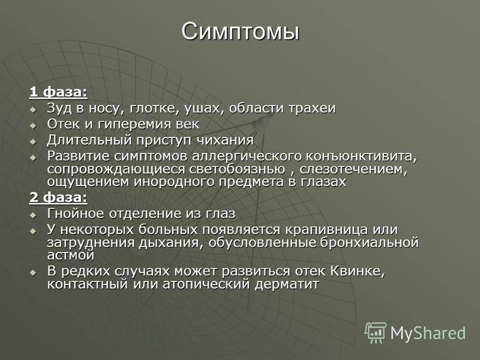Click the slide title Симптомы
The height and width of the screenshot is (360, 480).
click(x=240, y=32)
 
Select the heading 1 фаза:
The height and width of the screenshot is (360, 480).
click(x=58, y=92)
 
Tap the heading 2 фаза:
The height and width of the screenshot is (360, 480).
click(x=58, y=197)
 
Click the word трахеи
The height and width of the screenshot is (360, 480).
click(x=312, y=109)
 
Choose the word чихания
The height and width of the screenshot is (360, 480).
click(x=225, y=140)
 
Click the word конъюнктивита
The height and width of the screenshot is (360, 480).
click(x=362, y=156)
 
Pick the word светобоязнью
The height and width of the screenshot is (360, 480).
click(x=237, y=169)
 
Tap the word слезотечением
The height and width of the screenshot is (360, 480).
click(x=353, y=169)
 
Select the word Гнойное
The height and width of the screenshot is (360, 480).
click(x=76, y=214)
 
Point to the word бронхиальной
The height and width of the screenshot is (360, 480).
click(x=369, y=242)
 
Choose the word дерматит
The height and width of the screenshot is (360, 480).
click(x=287, y=284)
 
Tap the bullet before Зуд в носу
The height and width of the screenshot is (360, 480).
click(x=33, y=109)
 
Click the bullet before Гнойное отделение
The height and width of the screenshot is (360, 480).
click(x=33, y=215)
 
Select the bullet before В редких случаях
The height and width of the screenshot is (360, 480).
click(x=33, y=272)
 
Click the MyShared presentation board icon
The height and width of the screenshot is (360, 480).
click(x=376, y=332)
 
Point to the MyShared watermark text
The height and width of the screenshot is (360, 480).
click(x=428, y=333)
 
